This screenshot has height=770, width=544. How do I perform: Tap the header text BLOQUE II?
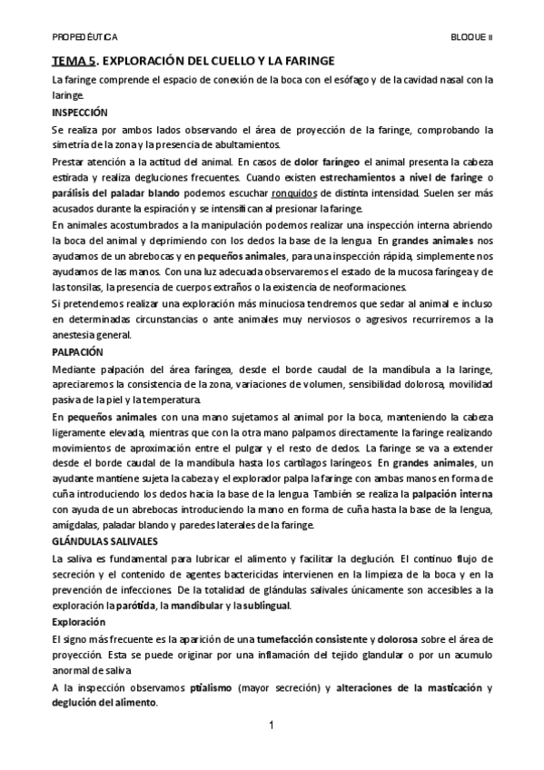pyautogui.click(x=472, y=38)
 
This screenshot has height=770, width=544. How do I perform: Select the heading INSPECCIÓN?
pyautogui.click(x=80, y=113)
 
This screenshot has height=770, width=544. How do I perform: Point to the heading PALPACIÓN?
pyautogui.click(x=78, y=351)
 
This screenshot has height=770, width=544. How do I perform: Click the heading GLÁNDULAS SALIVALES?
pyautogui.click(x=105, y=540)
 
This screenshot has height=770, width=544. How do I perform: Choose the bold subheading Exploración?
pyautogui.click(x=78, y=622)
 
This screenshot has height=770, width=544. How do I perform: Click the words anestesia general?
pyautogui.click(x=91, y=334)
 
